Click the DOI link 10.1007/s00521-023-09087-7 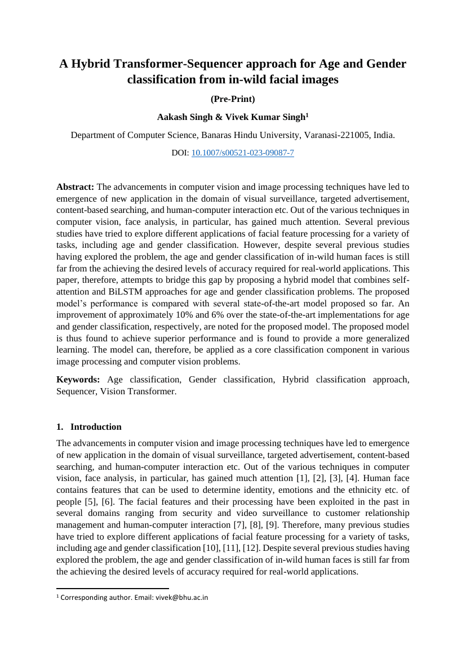click(x=242, y=153)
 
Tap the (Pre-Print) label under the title click(x=233, y=99)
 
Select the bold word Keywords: click(x=78, y=380)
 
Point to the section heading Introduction click(x=96, y=427)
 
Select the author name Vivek click(x=236, y=117)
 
